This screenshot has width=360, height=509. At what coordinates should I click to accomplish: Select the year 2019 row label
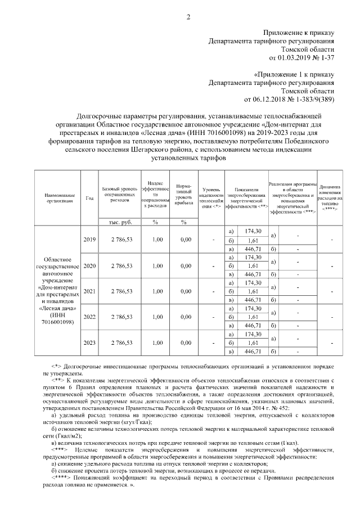[x=89, y=240]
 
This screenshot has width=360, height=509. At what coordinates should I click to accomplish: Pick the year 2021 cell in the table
[x=89, y=291]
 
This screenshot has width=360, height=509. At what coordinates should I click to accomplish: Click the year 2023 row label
[x=89, y=343]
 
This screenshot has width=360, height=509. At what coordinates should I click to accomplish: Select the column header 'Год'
[x=89, y=197]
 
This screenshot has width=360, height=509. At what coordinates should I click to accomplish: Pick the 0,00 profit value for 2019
[x=185, y=240]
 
